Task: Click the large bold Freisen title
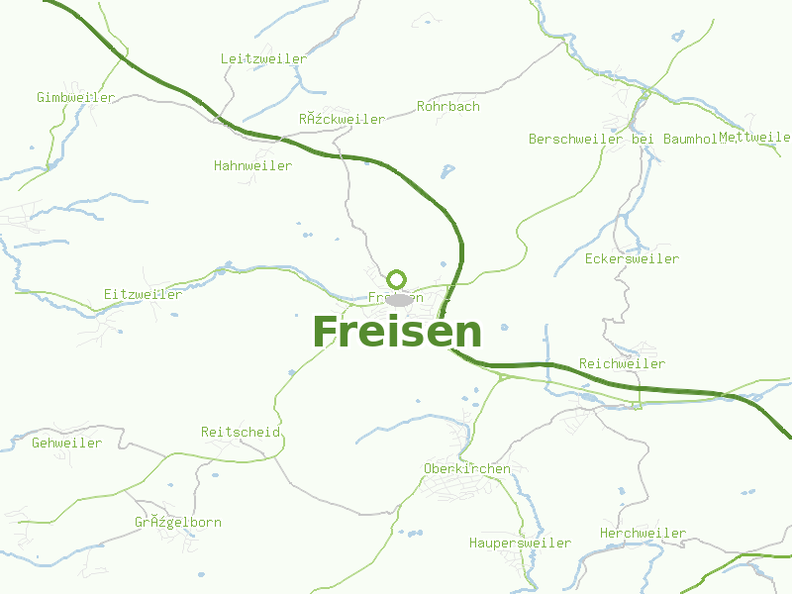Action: [397, 333]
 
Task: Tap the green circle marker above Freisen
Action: [397, 279]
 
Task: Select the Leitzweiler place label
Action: [263, 59]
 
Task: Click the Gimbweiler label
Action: [75, 98]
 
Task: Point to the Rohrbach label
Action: [447, 106]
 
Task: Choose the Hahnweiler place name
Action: [252, 166]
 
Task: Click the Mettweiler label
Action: [754, 138]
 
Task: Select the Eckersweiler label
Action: [632, 259]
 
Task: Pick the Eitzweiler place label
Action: [143, 295]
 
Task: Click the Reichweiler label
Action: [622, 364]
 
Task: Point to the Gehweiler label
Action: [66, 444]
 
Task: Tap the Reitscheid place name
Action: [241, 433]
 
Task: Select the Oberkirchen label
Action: [466, 469]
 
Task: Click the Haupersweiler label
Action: [520, 544]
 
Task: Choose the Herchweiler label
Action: [643, 534]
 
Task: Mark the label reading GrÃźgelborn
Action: [178, 523]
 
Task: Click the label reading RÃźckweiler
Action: [342, 120]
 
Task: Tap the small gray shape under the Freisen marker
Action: [399, 299]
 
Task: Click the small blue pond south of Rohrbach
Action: [447, 170]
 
